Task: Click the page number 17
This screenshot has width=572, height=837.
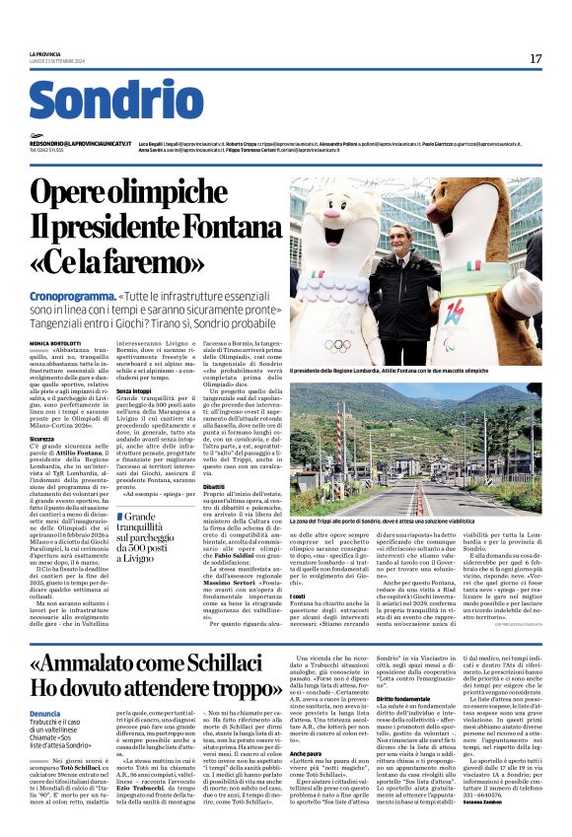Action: coord(536,58)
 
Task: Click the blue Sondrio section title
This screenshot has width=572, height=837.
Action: coord(116,103)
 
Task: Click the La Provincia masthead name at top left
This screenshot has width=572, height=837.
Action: coord(44,54)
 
